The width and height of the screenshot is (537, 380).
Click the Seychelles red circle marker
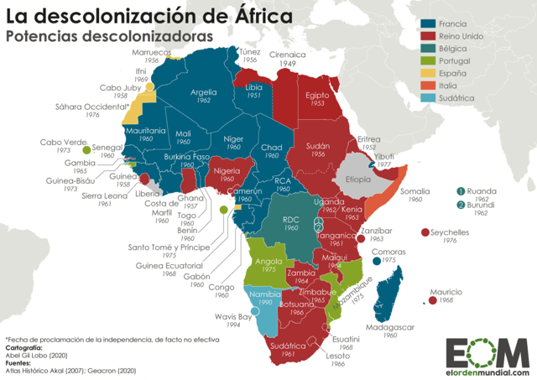[425, 232]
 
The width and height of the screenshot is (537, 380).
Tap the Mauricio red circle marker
[433, 299]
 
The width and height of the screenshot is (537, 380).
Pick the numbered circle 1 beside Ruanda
[461, 191]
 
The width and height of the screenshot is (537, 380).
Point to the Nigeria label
[227, 170]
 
